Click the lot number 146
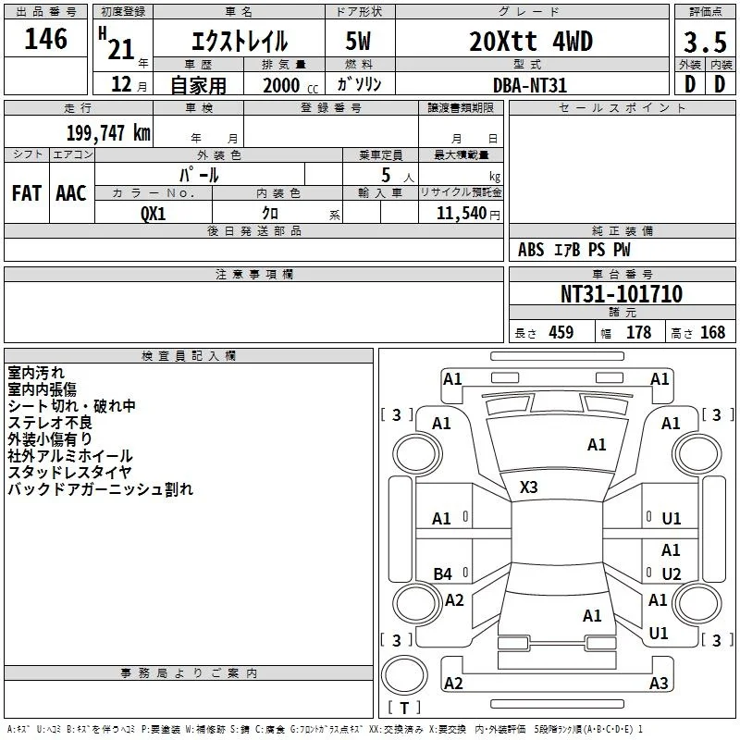[x=45, y=39]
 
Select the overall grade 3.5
[x=705, y=43]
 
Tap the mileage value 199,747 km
[x=108, y=133]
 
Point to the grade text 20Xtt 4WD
[x=531, y=42]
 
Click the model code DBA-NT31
[x=529, y=85]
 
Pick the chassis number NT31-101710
[x=622, y=293]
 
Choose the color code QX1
[x=154, y=214]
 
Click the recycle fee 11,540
[x=462, y=214]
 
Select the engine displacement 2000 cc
[x=290, y=86]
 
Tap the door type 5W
[x=358, y=42]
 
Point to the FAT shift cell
[x=27, y=193]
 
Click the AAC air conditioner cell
[x=71, y=193]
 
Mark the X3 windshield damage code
[x=528, y=487]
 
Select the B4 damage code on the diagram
[x=443, y=573]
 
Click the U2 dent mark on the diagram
[x=672, y=573]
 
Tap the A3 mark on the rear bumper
[x=659, y=683]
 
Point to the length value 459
[x=561, y=332]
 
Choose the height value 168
[x=712, y=332]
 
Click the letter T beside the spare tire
[x=404, y=708]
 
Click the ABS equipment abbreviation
[x=531, y=250]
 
